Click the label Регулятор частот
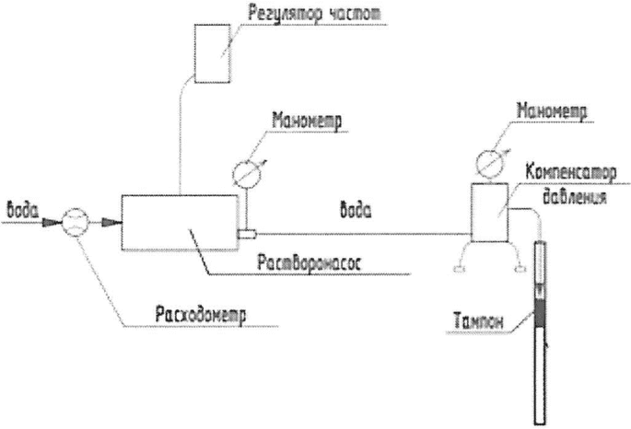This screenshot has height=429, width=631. click(x=314, y=13)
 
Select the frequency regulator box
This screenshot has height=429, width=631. click(x=213, y=53)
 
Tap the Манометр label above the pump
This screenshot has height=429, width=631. click(x=307, y=120)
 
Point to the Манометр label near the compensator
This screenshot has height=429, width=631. click(x=552, y=110)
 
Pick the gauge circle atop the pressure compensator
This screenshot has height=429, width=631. click(x=489, y=163)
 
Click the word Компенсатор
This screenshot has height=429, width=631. click(x=570, y=173)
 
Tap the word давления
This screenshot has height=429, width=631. click(x=575, y=197)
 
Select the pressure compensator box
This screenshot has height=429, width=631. click(x=489, y=213)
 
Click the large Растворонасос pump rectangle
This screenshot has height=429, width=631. click(x=180, y=223)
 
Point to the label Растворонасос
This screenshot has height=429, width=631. click(x=310, y=263)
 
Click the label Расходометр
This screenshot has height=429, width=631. click(x=201, y=315)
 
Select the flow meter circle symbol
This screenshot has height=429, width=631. click(x=75, y=222)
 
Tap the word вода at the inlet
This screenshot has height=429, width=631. click(x=22, y=210)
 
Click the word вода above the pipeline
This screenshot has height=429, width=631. click(x=356, y=210)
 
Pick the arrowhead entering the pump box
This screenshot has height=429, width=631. click(x=111, y=222)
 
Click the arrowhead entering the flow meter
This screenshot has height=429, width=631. click(x=52, y=222)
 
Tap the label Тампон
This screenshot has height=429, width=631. click(x=478, y=321)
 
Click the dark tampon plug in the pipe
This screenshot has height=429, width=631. click(x=540, y=312)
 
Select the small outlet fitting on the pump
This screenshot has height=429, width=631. click(x=247, y=234)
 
